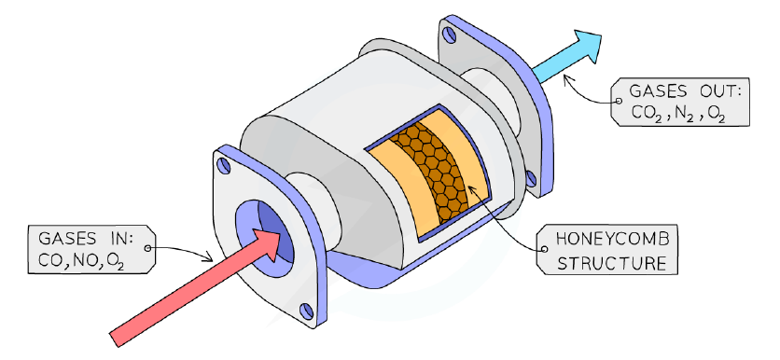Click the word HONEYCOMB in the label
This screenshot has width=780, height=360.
(x=612, y=239)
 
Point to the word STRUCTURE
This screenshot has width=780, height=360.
(x=611, y=263)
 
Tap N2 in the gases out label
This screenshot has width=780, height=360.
(x=683, y=114)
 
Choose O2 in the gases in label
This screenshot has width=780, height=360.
(x=114, y=262)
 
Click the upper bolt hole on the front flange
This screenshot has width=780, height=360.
(x=224, y=166)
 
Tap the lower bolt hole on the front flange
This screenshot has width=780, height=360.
(x=307, y=312)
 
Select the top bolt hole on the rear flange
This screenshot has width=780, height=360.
(x=449, y=35)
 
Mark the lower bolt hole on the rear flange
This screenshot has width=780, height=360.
(x=531, y=178)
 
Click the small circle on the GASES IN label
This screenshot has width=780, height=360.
(x=147, y=248)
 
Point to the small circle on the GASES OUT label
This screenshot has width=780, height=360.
(x=619, y=101)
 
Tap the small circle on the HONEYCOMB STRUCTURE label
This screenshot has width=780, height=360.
(x=544, y=249)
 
